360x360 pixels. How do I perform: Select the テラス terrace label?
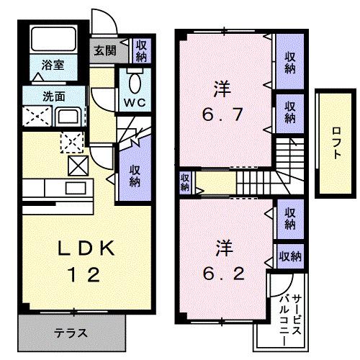71,333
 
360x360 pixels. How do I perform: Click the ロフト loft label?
336,142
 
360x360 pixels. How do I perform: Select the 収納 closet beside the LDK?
135,174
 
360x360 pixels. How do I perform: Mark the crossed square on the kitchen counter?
77,166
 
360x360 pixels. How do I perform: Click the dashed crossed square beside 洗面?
35,115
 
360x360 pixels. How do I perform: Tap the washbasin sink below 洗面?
71,116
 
